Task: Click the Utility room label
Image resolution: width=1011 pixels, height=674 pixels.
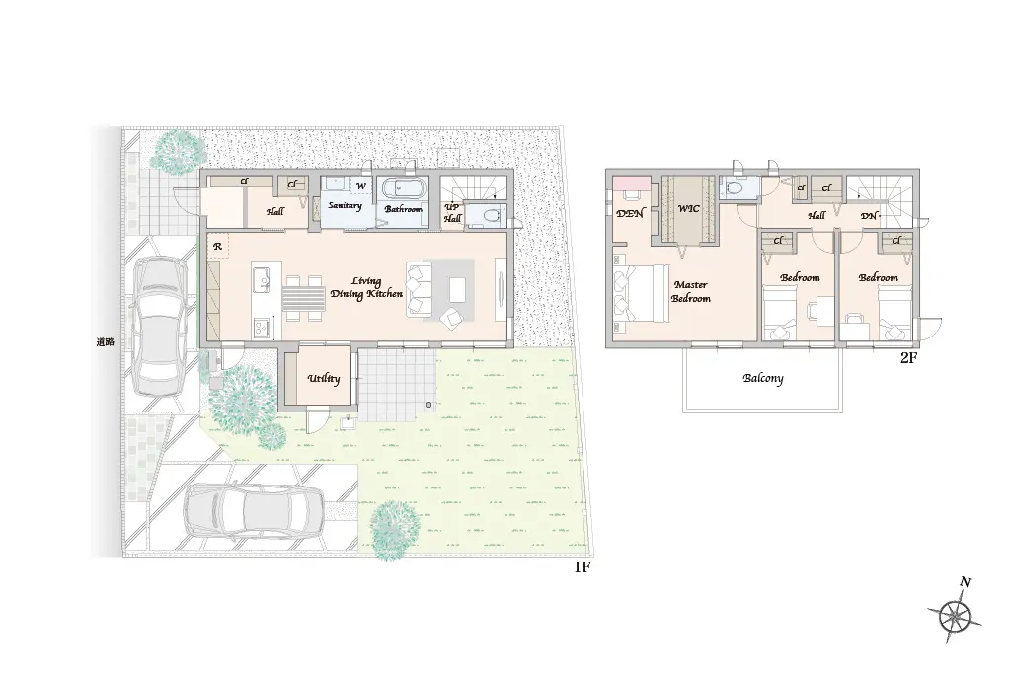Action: pyautogui.click(x=324, y=379)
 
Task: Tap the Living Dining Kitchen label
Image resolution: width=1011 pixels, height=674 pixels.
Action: pyautogui.click(x=366, y=287)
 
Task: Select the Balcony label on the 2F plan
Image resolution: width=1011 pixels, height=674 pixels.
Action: pyautogui.click(x=763, y=378)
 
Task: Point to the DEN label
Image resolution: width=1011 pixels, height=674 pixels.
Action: pyautogui.click(x=630, y=213)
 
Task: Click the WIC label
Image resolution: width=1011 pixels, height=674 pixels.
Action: pyautogui.click(x=688, y=209)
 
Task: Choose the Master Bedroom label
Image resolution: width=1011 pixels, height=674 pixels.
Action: pyautogui.click(x=690, y=291)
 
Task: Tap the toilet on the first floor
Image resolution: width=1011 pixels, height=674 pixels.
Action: pyautogui.click(x=489, y=215)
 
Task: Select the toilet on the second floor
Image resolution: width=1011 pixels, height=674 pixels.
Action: pyautogui.click(x=735, y=188)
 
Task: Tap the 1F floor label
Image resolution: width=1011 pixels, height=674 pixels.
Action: pyautogui.click(x=583, y=567)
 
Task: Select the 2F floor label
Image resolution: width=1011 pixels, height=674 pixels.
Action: pyautogui.click(x=908, y=358)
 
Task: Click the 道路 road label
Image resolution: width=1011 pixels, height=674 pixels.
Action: pyautogui.click(x=105, y=342)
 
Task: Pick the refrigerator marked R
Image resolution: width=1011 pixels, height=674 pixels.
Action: pyautogui.click(x=218, y=246)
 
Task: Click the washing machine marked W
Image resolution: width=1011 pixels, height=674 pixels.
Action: pyautogui.click(x=361, y=187)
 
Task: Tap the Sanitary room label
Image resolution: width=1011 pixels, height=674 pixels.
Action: pyautogui.click(x=345, y=205)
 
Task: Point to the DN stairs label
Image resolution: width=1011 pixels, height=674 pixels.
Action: pyautogui.click(x=869, y=216)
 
